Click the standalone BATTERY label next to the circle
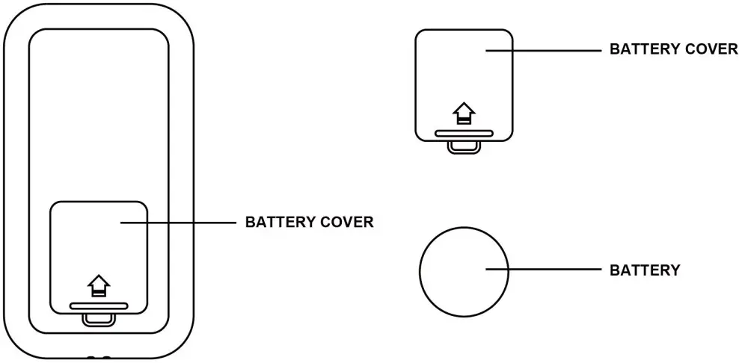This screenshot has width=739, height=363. click(645, 270)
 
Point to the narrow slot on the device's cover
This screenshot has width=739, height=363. click(99, 305)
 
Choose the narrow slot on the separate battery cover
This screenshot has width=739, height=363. click(464, 134)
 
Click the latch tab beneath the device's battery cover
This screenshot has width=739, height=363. click(99, 319)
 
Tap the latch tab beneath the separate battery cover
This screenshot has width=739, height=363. click(464, 147)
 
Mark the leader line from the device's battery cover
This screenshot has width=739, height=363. click(180, 222)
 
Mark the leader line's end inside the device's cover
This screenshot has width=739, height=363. click(122, 222)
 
